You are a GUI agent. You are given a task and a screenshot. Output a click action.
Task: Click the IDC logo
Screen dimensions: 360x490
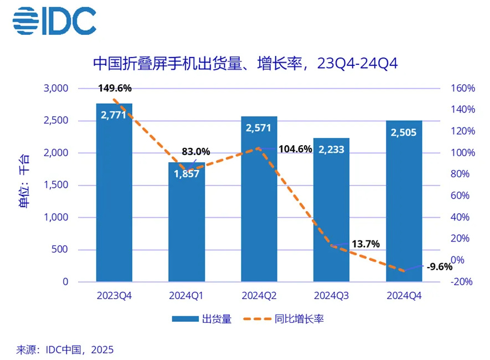click(x=54, y=22)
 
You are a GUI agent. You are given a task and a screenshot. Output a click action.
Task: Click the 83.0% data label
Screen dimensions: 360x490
click(x=196, y=151)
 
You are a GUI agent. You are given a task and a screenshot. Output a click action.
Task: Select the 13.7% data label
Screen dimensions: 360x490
click(x=365, y=244)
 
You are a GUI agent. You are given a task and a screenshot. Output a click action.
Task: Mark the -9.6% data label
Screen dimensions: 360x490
click(x=439, y=266)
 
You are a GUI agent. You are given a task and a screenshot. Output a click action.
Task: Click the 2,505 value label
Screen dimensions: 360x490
click(x=404, y=132)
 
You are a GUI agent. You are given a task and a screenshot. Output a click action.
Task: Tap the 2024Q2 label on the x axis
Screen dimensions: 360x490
click(x=259, y=296)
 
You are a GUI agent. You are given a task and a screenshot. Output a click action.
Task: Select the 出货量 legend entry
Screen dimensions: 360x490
click(x=202, y=318)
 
